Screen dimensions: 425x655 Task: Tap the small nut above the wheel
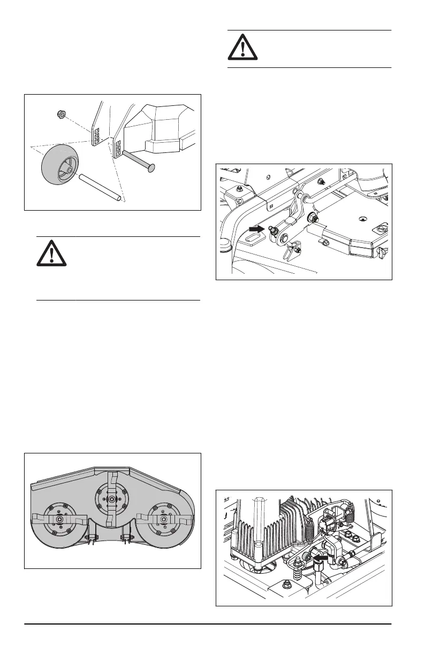click(61, 114)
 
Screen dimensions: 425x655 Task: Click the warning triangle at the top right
click(242, 49)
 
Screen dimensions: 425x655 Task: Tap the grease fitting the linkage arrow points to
click(273, 230)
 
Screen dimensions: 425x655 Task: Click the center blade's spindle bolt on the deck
click(111, 499)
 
